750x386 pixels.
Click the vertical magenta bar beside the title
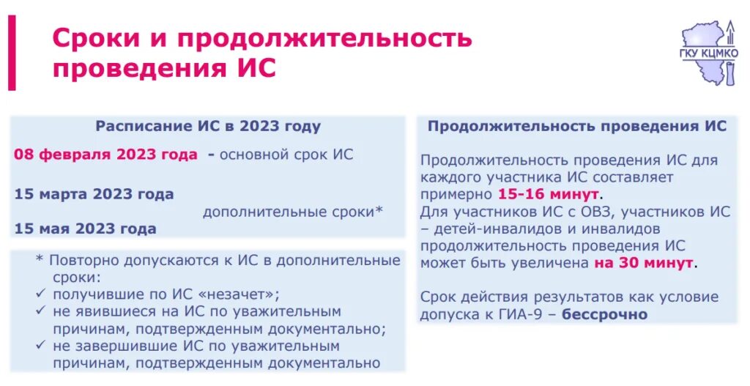tap(12, 53)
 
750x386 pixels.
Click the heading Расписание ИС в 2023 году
tap(208, 126)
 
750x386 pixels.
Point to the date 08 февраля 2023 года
tap(105, 155)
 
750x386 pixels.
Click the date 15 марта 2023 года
tap(94, 194)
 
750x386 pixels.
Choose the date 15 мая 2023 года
tap(85, 229)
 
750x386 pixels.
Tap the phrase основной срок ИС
tap(286, 155)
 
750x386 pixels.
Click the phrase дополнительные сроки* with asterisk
tap(293, 212)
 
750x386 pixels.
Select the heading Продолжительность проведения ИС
tap(577, 126)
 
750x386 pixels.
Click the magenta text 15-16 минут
tap(549, 194)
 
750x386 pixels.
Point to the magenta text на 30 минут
tap(644, 262)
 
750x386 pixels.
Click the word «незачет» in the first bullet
tap(234, 294)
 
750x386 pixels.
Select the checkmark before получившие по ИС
tap(42, 294)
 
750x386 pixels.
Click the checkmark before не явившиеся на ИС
tap(42, 311)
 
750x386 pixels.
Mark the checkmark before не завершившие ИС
tap(42, 346)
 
